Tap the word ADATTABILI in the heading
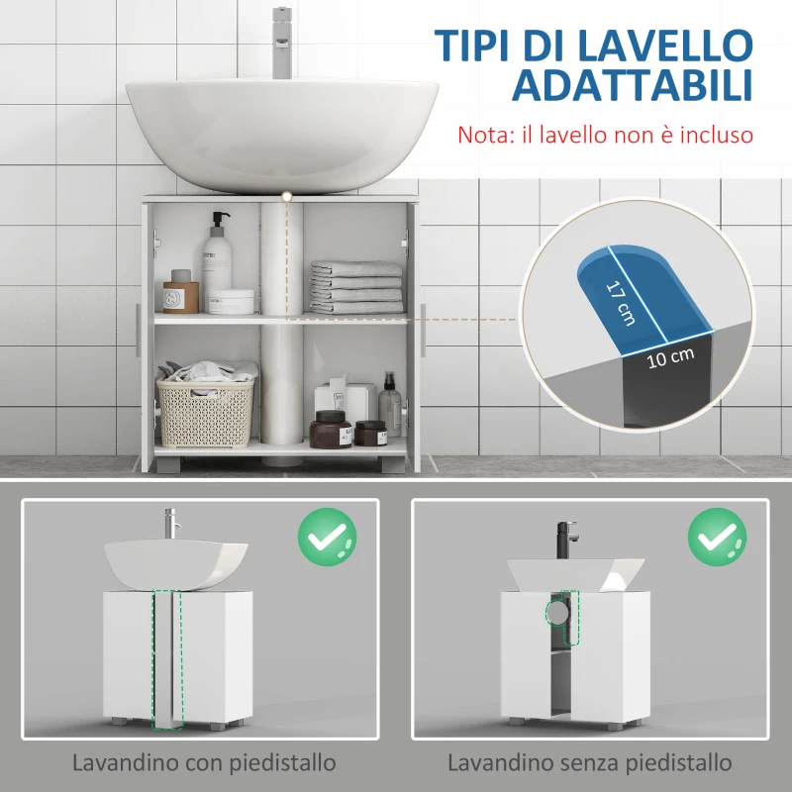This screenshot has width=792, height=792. tap(632, 87)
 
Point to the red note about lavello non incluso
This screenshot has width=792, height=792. tap(605, 135)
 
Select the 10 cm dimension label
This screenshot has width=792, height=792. tap(670, 358)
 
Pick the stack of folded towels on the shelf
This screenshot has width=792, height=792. tap(356, 287)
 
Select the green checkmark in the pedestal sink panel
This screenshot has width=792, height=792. tap(327, 538)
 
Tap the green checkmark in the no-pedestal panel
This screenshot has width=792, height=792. tap(717, 538)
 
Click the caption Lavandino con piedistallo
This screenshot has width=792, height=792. tap(203, 763)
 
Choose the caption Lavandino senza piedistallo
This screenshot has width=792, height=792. tap(590, 763)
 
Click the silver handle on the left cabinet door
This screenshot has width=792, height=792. tap(136, 331)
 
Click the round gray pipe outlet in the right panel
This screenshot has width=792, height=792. tap(558, 612)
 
